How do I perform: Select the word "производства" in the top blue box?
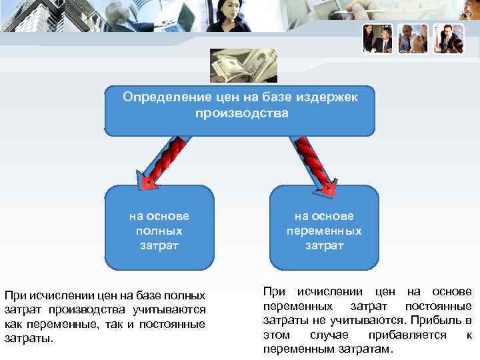[242, 113]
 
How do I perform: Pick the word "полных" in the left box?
[159, 231]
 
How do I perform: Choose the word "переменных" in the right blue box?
[324, 231]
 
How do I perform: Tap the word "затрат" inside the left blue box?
[159, 245]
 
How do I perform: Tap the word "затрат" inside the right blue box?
[324, 245]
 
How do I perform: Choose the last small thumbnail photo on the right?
[448, 39]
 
